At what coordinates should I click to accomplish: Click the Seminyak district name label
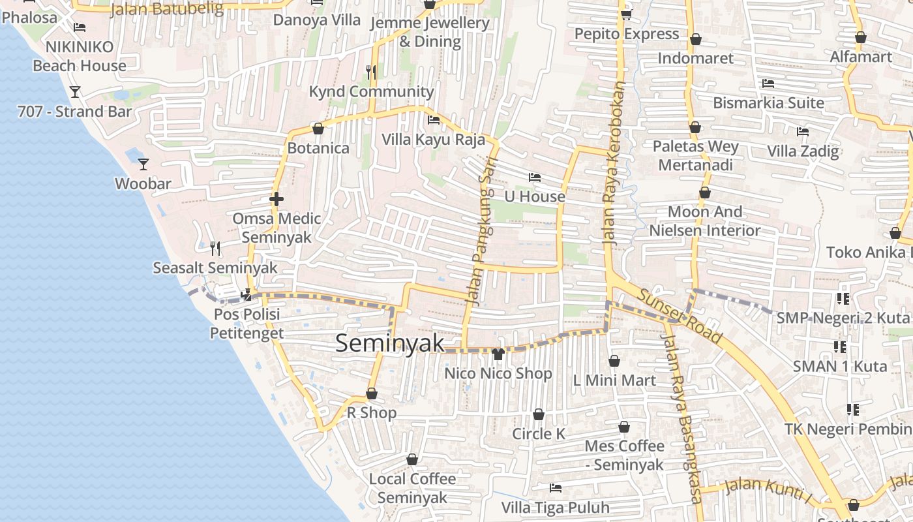click(x=389, y=343)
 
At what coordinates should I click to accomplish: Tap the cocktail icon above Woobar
click(x=143, y=164)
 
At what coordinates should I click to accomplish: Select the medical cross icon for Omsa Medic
click(x=277, y=198)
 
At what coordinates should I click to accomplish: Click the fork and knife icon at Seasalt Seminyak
click(x=215, y=248)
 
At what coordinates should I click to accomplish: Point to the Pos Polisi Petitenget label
click(x=247, y=324)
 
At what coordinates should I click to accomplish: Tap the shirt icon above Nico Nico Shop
click(x=498, y=354)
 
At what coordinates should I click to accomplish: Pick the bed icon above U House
click(x=535, y=177)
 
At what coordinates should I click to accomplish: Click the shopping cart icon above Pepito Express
click(x=626, y=14)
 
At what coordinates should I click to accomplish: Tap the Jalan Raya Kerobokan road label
click(x=614, y=163)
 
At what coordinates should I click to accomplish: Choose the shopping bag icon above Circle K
click(x=539, y=414)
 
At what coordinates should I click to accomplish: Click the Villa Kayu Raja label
click(x=433, y=139)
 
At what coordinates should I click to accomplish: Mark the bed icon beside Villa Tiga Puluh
click(x=556, y=487)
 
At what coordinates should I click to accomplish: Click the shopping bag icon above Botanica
click(x=318, y=129)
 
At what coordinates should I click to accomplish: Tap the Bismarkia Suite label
click(x=768, y=102)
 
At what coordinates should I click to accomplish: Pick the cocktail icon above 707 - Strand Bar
click(x=75, y=91)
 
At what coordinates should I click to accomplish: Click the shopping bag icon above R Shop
click(x=371, y=393)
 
